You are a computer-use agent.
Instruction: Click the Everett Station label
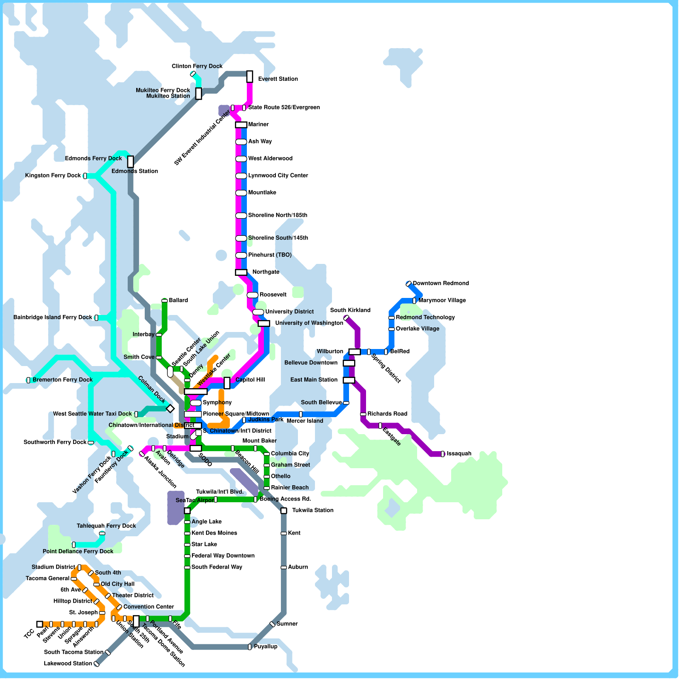278,79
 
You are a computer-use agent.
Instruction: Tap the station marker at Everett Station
250,77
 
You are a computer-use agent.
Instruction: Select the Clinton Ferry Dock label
197,66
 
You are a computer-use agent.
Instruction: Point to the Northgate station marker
241,272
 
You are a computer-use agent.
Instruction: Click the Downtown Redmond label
441,283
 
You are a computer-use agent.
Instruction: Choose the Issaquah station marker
443,454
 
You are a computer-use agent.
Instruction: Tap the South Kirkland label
350,310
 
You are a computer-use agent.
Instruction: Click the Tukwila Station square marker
284,511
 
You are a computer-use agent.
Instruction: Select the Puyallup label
266,647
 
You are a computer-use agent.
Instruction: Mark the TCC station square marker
40,624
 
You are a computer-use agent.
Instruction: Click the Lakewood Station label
68,664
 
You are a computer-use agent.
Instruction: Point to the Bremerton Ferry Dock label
63,380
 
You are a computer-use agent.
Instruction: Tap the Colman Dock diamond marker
170,409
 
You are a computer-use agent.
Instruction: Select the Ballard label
178,300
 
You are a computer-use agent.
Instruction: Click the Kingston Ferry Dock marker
85,176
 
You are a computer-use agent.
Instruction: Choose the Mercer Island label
305,421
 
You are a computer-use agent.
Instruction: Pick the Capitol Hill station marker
227,383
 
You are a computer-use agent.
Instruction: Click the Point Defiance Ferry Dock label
78,552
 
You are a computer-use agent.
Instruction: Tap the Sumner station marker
272,624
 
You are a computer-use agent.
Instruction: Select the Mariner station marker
241,125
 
